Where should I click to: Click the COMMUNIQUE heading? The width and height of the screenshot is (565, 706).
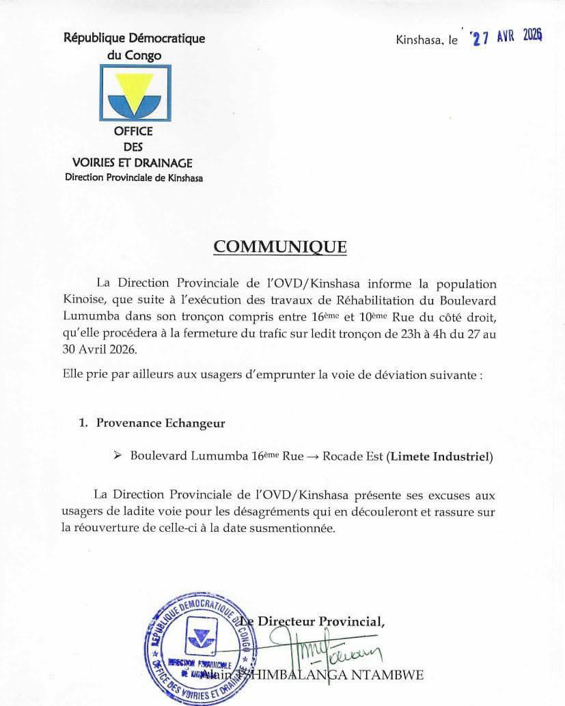[x=280, y=246]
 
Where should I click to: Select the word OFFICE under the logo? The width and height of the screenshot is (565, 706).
[x=133, y=131]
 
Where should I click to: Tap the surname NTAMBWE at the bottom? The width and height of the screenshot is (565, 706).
[x=389, y=675]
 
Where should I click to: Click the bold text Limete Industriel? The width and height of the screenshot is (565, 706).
[x=439, y=457]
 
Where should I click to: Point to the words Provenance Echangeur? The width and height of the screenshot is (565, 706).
[x=161, y=423]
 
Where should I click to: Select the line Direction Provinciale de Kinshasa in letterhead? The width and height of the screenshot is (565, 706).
[x=133, y=178]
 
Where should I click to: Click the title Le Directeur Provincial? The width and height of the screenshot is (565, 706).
[x=318, y=621]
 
